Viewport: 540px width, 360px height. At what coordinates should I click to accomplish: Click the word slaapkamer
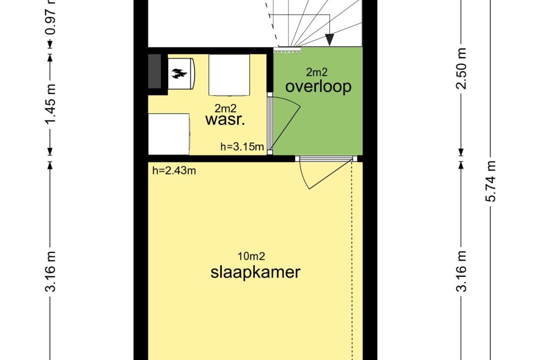[x=255, y=272]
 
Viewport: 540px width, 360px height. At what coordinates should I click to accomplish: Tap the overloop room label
[x=318, y=86]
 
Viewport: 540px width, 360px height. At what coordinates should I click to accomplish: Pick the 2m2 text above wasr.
[x=225, y=108]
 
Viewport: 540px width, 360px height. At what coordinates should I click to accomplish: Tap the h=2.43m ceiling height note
[x=174, y=171]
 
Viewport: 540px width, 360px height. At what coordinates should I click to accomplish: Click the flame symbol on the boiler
[x=179, y=73]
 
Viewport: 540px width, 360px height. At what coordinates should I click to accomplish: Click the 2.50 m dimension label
[x=462, y=68]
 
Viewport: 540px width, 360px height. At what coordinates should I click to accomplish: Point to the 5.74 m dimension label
[x=491, y=181]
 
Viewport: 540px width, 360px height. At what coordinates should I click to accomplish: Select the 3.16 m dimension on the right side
[x=462, y=271]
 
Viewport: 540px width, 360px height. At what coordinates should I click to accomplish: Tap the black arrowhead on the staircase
[x=329, y=40]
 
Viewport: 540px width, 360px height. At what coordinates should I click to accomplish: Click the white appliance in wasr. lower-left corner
[x=169, y=134]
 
